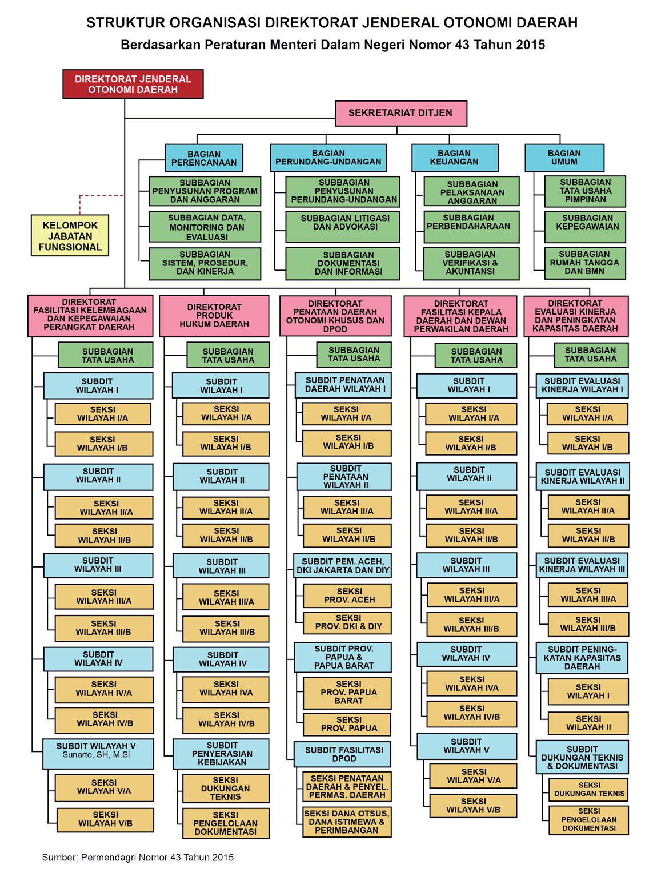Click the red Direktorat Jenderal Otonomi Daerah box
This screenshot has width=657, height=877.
click(x=133, y=84)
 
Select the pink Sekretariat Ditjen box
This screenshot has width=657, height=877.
click(x=400, y=113)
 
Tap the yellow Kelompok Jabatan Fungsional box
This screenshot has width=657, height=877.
click(x=70, y=236)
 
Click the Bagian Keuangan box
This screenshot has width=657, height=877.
click(x=454, y=158)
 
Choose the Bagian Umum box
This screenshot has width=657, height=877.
click(x=564, y=158)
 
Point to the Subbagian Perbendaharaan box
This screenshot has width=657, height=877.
click(x=471, y=226)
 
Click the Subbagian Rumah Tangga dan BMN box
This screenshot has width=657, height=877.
click(x=584, y=263)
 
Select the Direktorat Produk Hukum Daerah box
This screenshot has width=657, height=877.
click(x=214, y=316)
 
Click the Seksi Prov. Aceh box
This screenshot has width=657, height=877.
click(x=348, y=596)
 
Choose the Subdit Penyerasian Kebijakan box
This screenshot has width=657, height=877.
click(x=222, y=754)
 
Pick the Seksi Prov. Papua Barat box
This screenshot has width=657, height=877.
click(x=348, y=692)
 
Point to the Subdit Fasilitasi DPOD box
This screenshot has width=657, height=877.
click(x=343, y=754)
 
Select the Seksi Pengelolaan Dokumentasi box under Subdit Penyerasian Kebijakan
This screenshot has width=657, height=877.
click(x=225, y=823)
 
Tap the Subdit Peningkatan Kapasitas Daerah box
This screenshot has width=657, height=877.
click(x=582, y=658)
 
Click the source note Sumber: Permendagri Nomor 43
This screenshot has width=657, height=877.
click(x=138, y=857)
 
